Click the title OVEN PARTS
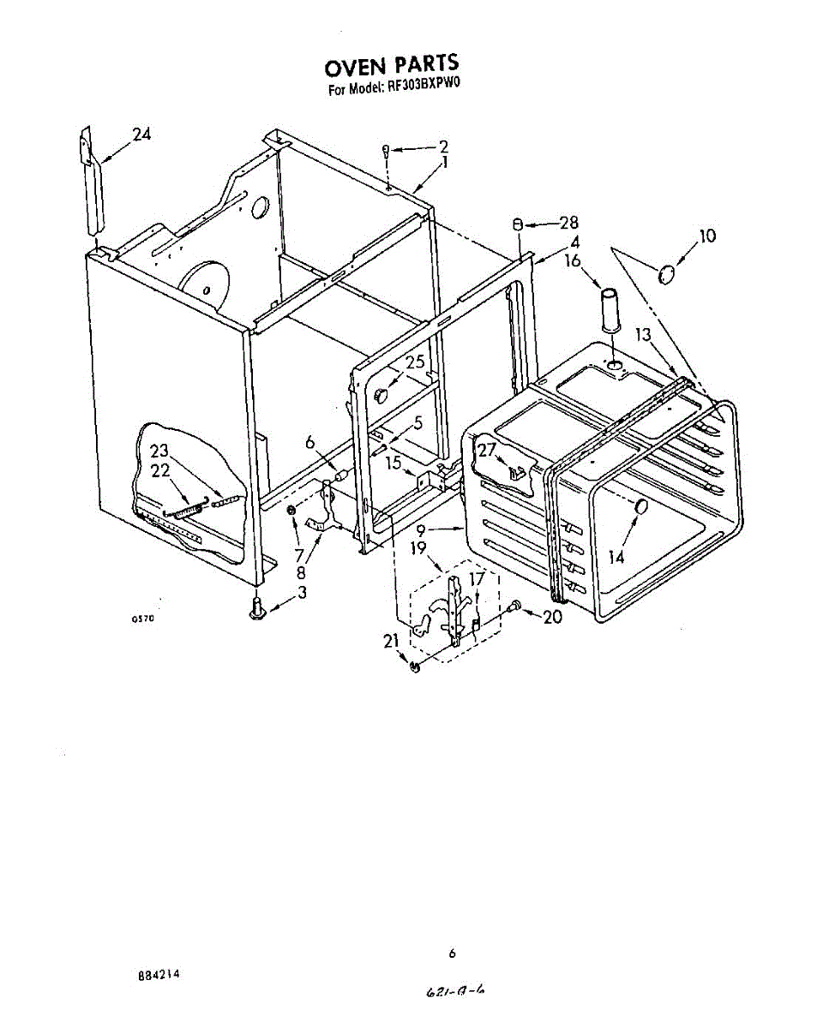[392, 66]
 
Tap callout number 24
[141, 134]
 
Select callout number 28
[568, 224]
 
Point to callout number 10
[706, 236]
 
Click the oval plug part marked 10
[666, 274]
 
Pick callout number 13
[644, 335]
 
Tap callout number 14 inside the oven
[616, 557]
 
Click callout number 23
[159, 451]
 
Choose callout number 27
[487, 449]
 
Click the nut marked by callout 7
[291, 511]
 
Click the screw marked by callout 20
[514, 607]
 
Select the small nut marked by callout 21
[414, 666]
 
